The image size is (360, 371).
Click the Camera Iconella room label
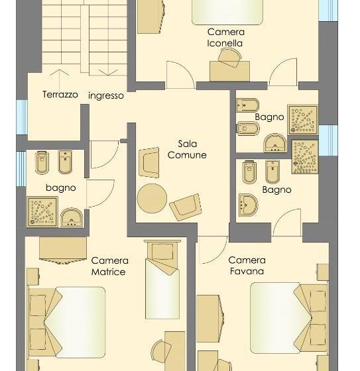pos(225,38)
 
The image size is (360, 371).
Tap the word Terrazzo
pos(60,95)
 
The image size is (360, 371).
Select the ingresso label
pos(106,95)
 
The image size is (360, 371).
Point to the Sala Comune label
pos(187,149)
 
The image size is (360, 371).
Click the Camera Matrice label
pos(109,266)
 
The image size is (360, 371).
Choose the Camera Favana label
pos(247,266)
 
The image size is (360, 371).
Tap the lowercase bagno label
pos(61,187)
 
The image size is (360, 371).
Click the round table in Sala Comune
pos(152,197)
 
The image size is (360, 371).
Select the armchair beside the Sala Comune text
pos(150,162)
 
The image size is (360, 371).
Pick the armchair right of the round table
pos(185,207)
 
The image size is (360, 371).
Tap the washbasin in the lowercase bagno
pos(71,217)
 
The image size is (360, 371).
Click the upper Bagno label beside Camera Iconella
pos(269,117)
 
